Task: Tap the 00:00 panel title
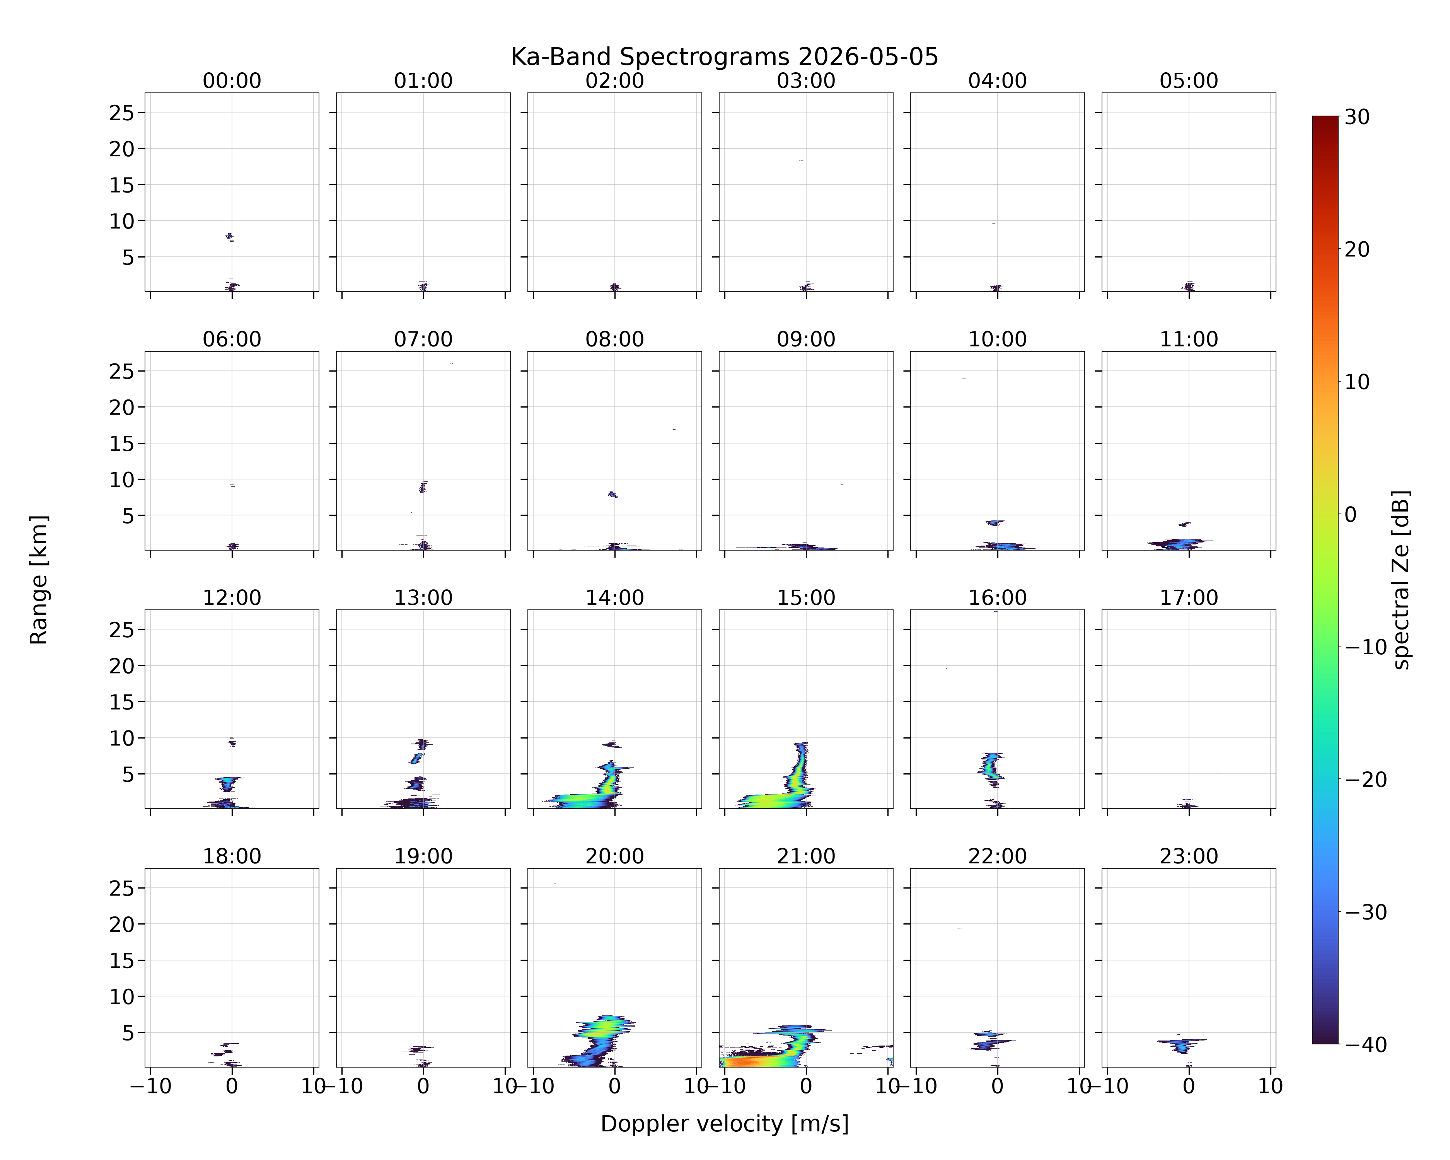click(232, 81)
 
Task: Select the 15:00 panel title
click(806, 598)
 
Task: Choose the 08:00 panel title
click(615, 339)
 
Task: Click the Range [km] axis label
click(39, 580)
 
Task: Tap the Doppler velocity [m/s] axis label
click(724, 1124)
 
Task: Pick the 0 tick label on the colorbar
click(1351, 514)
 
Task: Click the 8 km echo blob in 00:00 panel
click(229, 236)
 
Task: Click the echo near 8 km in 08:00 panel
click(612, 494)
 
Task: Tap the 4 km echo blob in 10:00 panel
click(995, 522)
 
